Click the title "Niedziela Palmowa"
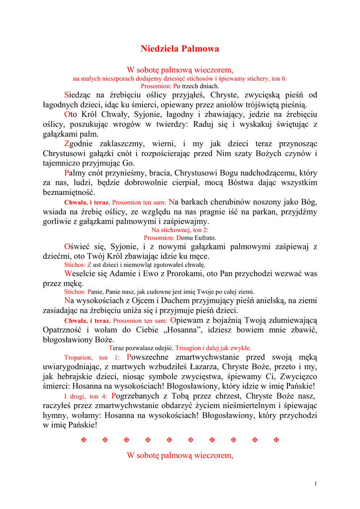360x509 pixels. coord(180,49)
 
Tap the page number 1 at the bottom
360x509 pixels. coord(316,484)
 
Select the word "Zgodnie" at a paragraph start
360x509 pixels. coord(81,144)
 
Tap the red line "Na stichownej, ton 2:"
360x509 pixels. coord(180,230)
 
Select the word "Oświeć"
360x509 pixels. coord(79,247)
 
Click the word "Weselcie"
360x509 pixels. coord(83,274)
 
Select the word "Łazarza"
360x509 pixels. coord(211,367)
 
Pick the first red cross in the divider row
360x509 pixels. coord(84,440)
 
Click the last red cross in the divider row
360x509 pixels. coord(276,440)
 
